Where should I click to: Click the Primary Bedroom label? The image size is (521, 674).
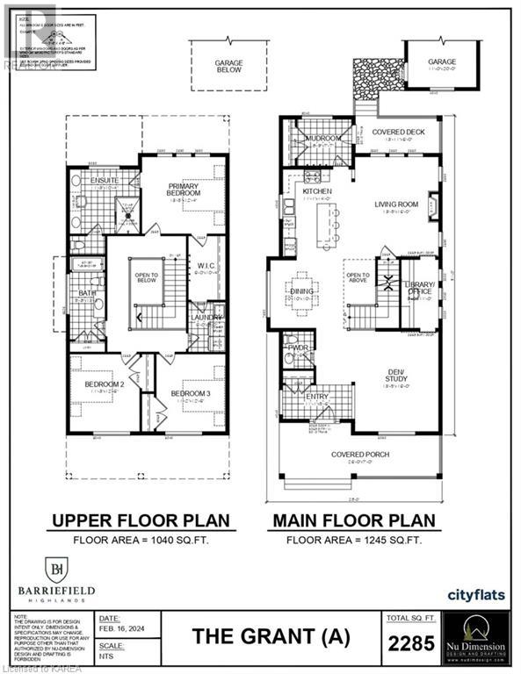point(185,189)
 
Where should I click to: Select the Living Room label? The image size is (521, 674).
point(396,204)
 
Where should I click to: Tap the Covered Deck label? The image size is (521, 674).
point(397,132)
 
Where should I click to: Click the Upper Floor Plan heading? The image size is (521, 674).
point(141,520)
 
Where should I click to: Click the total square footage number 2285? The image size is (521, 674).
point(410,644)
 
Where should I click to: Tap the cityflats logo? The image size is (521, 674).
point(475,594)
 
